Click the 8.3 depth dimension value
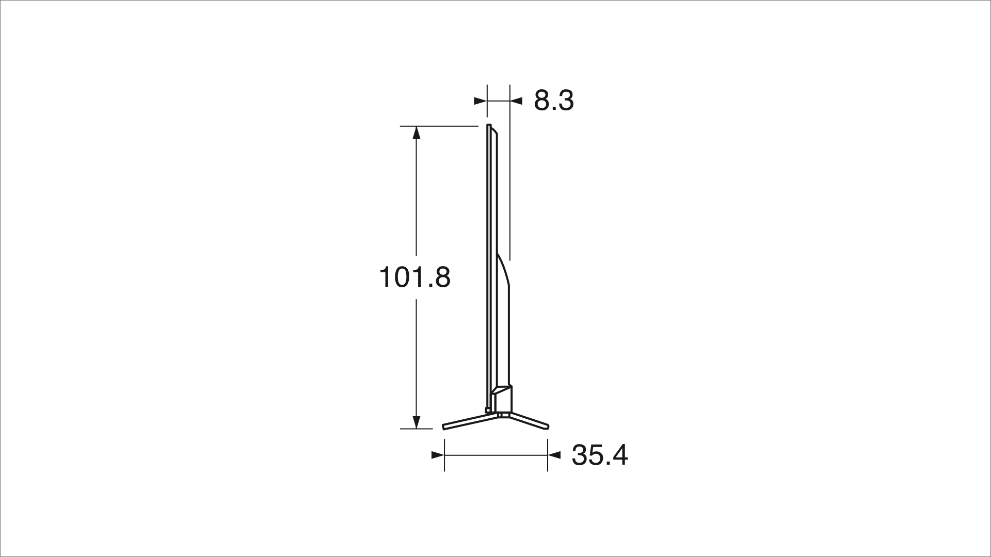pos(553,101)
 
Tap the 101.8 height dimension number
pos(414,277)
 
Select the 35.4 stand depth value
pos(599,455)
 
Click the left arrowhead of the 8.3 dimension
pos(480,101)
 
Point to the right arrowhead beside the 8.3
pos(517,101)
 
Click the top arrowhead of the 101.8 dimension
pos(417,133)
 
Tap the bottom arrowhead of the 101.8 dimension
pos(417,422)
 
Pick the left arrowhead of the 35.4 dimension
pos(438,455)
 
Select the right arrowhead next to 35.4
pos(554,455)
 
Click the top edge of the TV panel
pos(489,125)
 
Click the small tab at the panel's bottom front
pos(488,410)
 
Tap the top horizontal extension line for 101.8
pos(439,126)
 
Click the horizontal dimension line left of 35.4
pos(495,455)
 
